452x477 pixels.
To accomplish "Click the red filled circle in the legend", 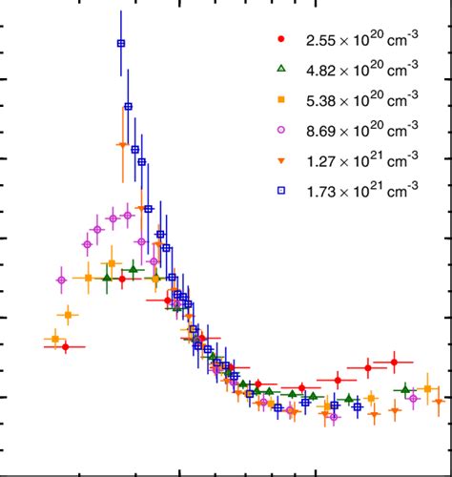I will tap(280, 40).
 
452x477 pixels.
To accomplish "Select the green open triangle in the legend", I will tap(280, 70).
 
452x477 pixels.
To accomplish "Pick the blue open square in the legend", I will tap(280, 191).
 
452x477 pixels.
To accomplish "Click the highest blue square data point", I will tap(121, 43).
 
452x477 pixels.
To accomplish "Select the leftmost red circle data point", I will tap(65, 347).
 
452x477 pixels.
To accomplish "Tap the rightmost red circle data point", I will tap(393, 362).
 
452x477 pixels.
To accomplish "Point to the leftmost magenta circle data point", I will tap(62, 280).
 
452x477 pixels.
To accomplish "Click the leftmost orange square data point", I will tap(54, 339).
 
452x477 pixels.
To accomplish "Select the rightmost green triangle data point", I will tap(407, 389).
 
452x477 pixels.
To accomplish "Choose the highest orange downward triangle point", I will tap(122, 144).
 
